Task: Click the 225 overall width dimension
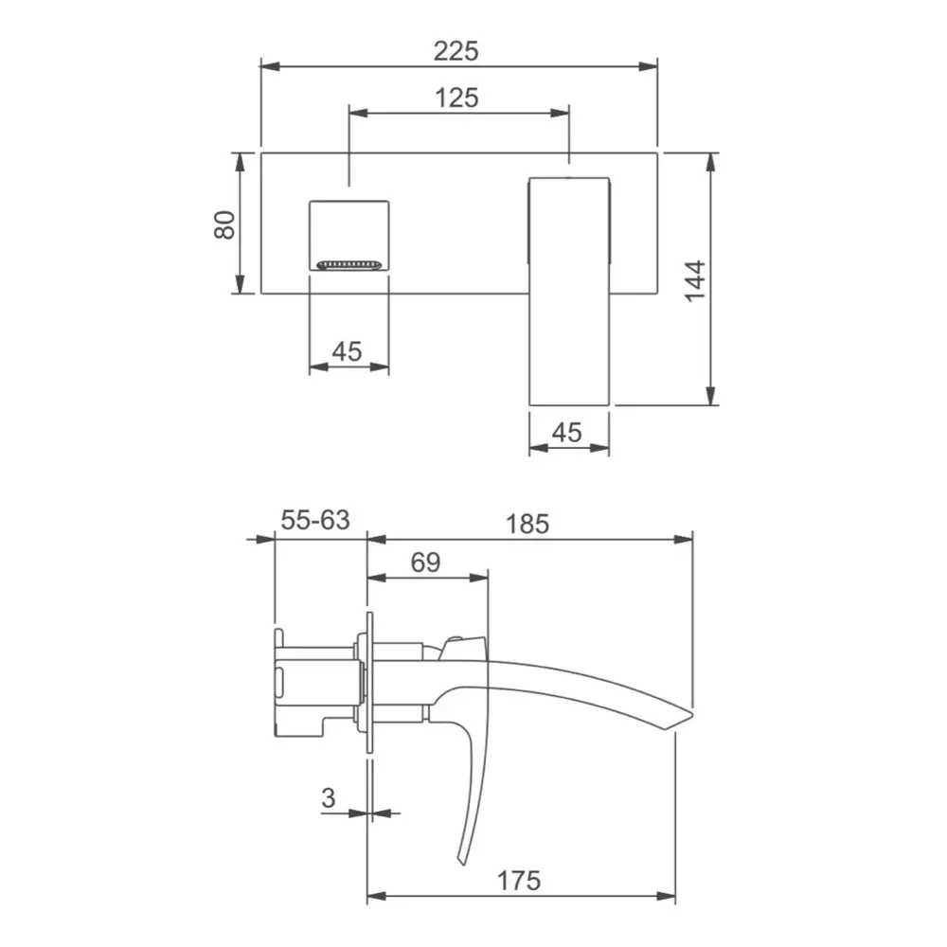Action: pos(456,51)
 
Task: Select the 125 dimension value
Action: pos(457,98)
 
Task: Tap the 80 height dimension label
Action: pos(224,224)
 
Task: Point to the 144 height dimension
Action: pos(695,280)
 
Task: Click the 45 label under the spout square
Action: pos(348,351)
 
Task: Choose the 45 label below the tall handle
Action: pos(567,433)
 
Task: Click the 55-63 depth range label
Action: pos(315,520)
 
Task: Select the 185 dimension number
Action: pos(527,524)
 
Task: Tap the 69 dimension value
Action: pos(426,563)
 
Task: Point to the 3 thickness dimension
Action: pos(328,797)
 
